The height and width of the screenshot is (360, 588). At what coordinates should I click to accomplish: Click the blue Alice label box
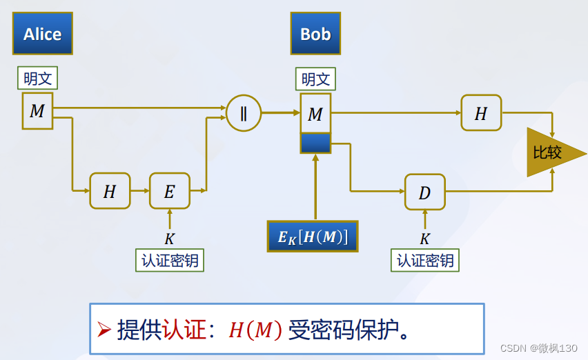(x=42, y=34)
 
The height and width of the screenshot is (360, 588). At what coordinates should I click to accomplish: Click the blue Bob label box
(x=315, y=34)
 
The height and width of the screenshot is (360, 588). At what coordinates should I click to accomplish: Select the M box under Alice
(x=37, y=112)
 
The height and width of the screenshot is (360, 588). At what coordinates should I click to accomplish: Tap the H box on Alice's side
(x=110, y=191)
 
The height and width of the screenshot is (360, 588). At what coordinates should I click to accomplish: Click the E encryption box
(x=169, y=191)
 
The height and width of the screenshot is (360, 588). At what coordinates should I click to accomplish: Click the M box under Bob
(x=315, y=114)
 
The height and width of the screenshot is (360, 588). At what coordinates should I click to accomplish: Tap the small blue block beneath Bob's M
(x=315, y=143)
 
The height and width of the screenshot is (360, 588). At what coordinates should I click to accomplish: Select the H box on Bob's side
(x=481, y=113)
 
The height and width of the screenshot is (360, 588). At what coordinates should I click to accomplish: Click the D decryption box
(x=424, y=192)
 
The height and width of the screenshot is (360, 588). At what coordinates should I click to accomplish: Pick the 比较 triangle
(x=550, y=152)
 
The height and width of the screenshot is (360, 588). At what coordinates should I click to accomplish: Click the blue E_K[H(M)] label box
(x=313, y=237)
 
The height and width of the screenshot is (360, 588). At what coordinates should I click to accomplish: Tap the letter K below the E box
(x=170, y=239)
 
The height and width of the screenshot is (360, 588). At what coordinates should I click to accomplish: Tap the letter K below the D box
(x=425, y=239)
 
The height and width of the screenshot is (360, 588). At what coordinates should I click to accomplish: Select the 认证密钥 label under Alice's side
(x=170, y=261)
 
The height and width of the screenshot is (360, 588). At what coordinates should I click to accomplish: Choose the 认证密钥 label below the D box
(x=425, y=261)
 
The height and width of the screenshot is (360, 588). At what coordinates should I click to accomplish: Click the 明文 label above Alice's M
(x=37, y=78)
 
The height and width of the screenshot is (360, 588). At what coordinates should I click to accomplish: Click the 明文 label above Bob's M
(x=315, y=79)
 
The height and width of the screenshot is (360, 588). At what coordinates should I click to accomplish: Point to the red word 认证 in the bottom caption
(x=184, y=330)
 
